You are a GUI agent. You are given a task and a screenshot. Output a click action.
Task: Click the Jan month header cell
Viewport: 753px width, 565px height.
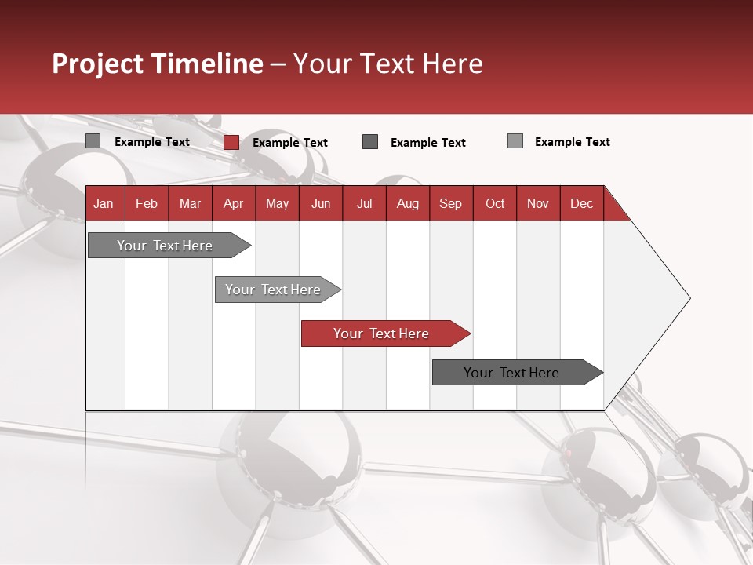coord(104,203)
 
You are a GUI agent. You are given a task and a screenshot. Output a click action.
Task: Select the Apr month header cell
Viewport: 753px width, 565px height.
coord(233,203)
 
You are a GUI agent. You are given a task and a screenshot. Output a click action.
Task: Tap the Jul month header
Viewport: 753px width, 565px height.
coord(364,203)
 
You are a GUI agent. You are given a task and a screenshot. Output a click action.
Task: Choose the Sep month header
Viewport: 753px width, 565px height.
coord(450,203)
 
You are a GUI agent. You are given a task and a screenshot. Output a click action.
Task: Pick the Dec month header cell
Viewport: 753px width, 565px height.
coord(581,203)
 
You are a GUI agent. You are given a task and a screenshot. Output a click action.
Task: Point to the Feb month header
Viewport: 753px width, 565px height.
coord(147,203)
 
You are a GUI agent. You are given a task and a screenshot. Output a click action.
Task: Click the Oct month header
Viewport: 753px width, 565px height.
coord(495,203)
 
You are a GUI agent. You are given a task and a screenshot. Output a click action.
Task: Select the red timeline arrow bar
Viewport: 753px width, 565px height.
coord(384,334)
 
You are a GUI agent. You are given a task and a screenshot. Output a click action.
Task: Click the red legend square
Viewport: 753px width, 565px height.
coord(231,142)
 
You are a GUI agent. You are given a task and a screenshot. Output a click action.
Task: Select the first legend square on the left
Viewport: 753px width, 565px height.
coord(93,141)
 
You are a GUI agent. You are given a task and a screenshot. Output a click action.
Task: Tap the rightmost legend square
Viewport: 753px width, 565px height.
coord(515,141)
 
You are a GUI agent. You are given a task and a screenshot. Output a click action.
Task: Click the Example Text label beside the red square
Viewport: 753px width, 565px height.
coord(289,143)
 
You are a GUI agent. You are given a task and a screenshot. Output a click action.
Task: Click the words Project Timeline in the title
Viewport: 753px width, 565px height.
coord(157,64)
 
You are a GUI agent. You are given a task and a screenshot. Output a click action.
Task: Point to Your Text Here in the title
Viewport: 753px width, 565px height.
coord(387,64)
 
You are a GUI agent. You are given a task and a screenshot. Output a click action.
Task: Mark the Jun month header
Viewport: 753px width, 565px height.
coord(321,203)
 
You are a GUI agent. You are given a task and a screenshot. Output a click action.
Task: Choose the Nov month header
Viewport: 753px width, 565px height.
coord(538,203)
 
